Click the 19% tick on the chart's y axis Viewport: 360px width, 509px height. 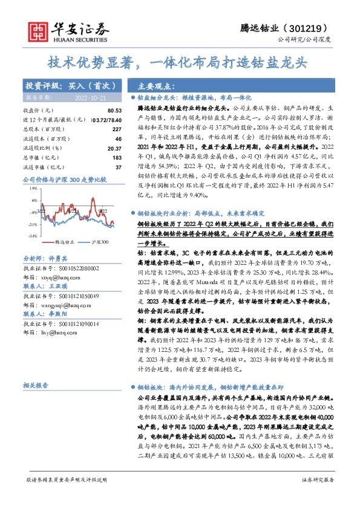[33, 189]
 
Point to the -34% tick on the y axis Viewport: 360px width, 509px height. [33, 236]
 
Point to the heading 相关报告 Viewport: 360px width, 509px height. [38, 384]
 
